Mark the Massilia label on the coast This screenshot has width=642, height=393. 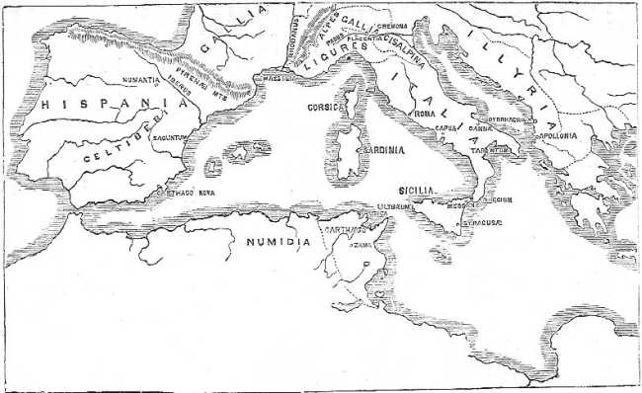(269, 76)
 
